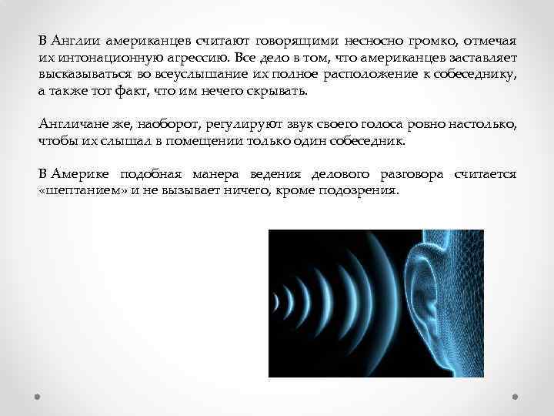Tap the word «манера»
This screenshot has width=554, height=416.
click(218, 176)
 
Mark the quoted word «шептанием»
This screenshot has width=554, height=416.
click(76, 193)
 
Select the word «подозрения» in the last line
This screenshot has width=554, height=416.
click(362, 193)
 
